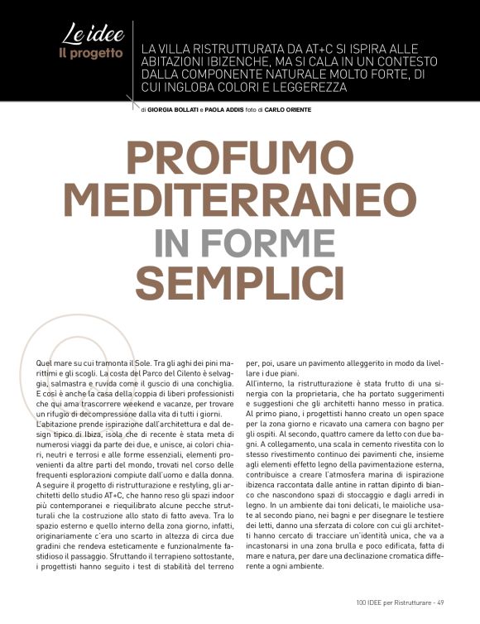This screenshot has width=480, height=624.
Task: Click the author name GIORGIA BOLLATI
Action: [175, 110]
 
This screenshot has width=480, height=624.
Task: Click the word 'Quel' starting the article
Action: [47, 365]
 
